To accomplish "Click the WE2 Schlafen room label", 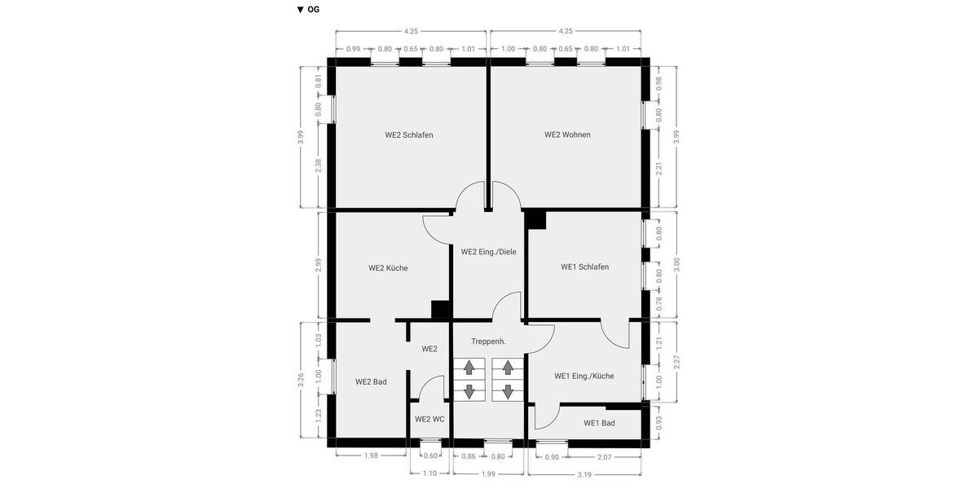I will (x=409, y=135).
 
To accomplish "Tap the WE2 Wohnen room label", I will (x=567, y=135).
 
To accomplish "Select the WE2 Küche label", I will (x=388, y=268).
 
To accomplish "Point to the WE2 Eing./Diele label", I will (x=488, y=252).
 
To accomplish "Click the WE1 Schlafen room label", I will (x=584, y=267).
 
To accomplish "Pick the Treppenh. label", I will (x=488, y=341).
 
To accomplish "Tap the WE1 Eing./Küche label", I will (x=584, y=377).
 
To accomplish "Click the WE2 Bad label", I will (x=371, y=381).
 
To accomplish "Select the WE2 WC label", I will (x=430, y=420).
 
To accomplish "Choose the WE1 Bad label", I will (x=599, y=423).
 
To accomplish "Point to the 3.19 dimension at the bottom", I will (x=585, y=474).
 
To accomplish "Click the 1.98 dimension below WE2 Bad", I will (x=371, y=456).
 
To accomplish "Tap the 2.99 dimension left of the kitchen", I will (x=318, y=266).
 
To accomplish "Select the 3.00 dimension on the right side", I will (x=676, y=265).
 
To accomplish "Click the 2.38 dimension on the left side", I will (x=318, y=165).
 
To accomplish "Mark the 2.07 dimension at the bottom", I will (x=605, y=456).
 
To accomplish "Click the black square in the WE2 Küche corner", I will (x=440, y=310).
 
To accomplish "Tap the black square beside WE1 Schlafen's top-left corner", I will (x=535, y=218).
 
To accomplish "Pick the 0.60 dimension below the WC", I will (x=431, y=456).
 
